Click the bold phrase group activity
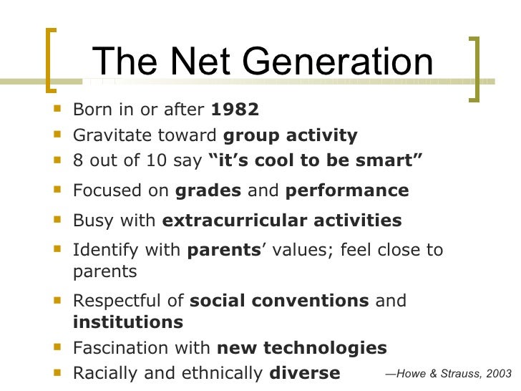click(x=291, y=135)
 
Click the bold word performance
click(x=347, y=191)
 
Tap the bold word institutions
click(x=128, y=322)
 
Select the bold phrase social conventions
click(x=279, y=300)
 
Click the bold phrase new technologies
click(x=301, y=348)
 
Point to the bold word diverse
click(x=305, y=373)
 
